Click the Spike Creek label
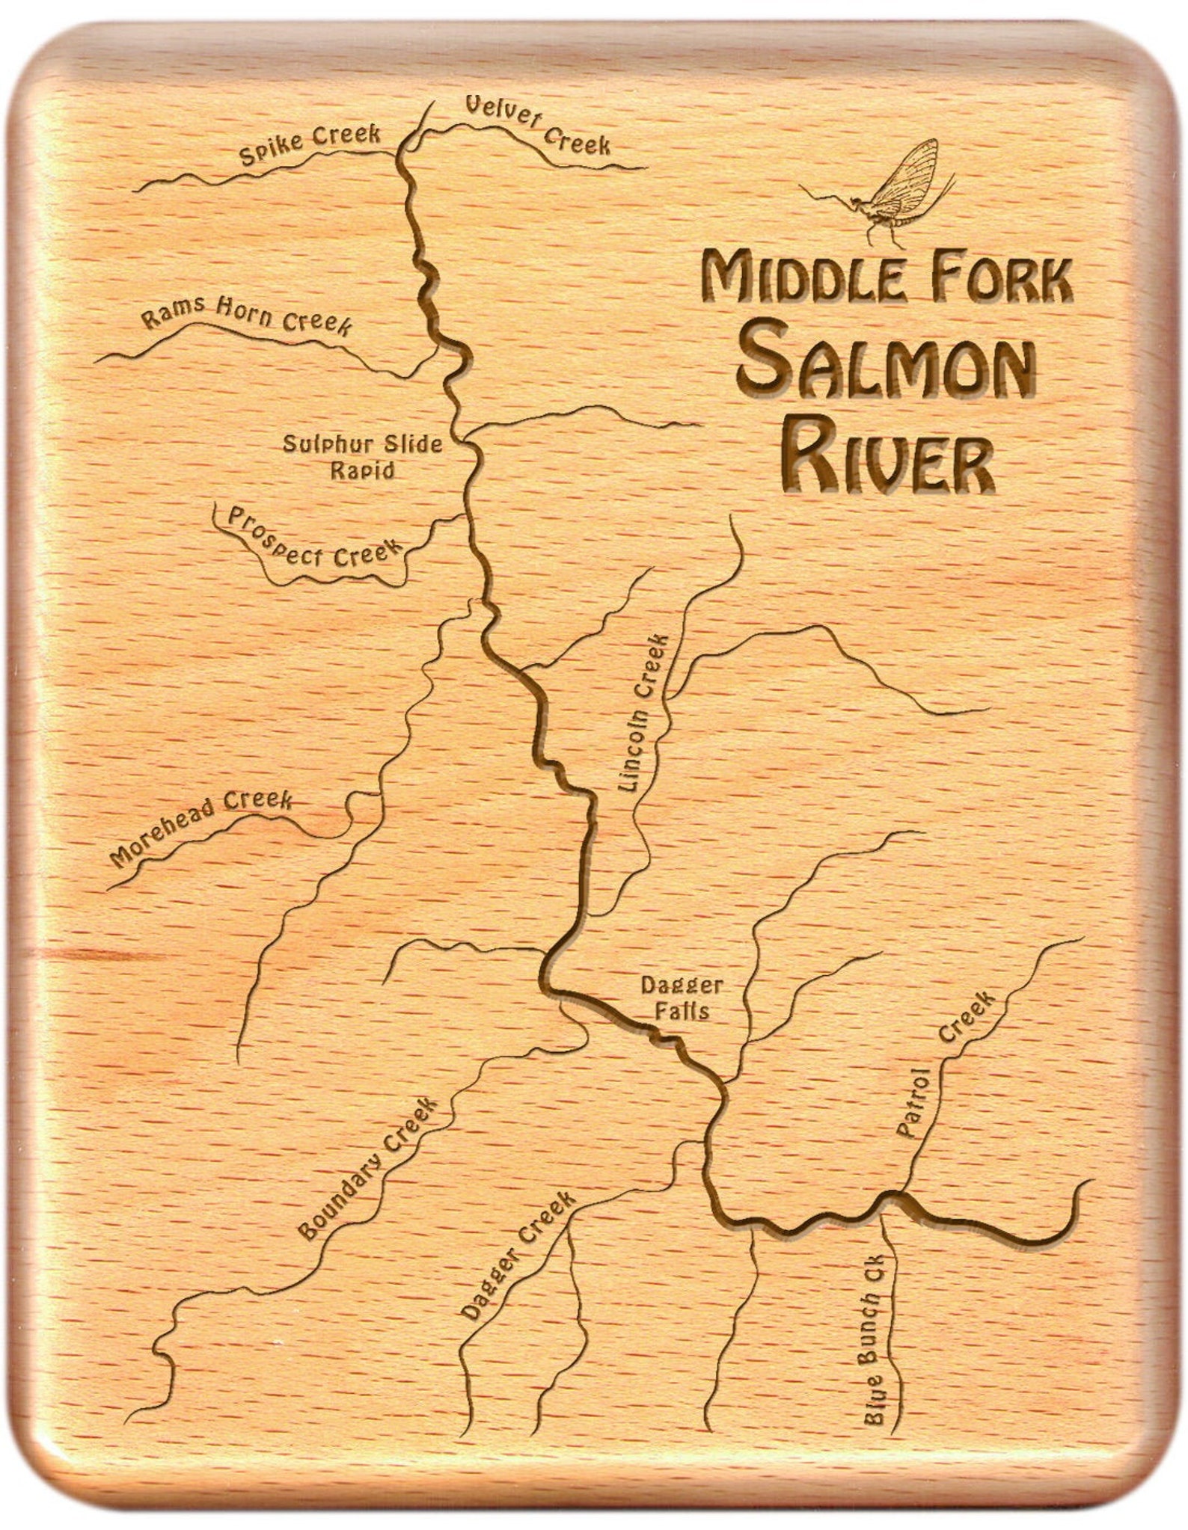click(x=310, y=144)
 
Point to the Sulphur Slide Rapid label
click(x=363, y=456)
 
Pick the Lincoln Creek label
click(x=642, y=714)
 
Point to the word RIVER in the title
click(x=887, y=457)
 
